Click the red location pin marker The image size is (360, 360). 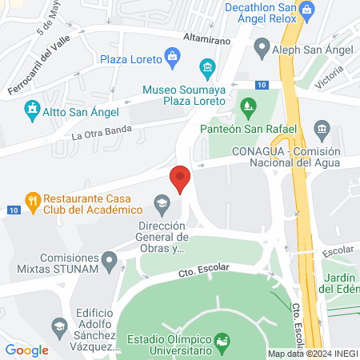pyautogui.click(x=180, y=178)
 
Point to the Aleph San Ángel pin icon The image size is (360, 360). pyautogui.click(x=261, y=48)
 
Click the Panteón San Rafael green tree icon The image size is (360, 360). pyautogui.click(x=250, y=106)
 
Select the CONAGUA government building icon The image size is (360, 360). pyautogui.click(x=322, y=129)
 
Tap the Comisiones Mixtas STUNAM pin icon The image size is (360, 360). pyautogui.click(x=110, y=259)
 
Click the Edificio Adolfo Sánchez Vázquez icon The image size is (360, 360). pyautogui.click(x=58, y=326)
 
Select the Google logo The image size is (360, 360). pyautogui.click(x=26, y=350)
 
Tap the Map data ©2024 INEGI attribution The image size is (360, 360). pyautogui.click(x=312, y=354)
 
